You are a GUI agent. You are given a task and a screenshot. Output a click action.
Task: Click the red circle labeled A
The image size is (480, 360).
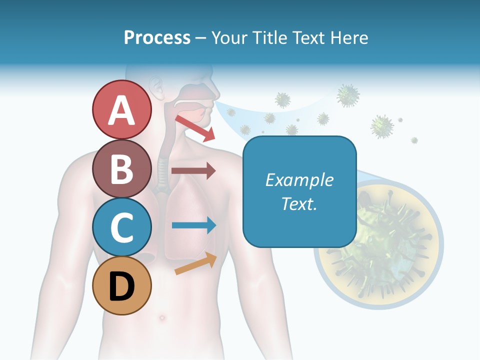tap(121, 110)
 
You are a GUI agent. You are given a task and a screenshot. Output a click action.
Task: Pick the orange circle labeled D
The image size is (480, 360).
tap(121, 285)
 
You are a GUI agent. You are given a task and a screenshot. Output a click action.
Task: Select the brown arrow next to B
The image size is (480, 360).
tap(193, 170)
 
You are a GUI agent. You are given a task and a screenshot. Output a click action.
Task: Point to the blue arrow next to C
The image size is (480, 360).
tap(193, 225)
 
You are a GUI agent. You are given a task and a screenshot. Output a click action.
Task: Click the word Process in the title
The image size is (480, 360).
tap(157, 37)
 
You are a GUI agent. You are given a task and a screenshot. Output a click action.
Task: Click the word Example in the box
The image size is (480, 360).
tap(299, 180)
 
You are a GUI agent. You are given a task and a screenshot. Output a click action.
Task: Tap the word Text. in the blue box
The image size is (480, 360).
tap(299, 203)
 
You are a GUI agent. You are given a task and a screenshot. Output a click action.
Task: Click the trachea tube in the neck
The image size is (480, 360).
tap(162, 172)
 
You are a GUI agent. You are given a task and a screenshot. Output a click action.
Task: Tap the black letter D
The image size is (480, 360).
tap(121, 286)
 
